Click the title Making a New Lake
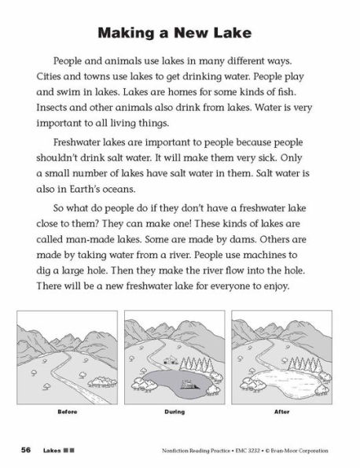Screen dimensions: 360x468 [179, 35]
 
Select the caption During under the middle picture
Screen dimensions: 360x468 [180, 411]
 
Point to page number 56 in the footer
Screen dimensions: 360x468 [26, 449]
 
